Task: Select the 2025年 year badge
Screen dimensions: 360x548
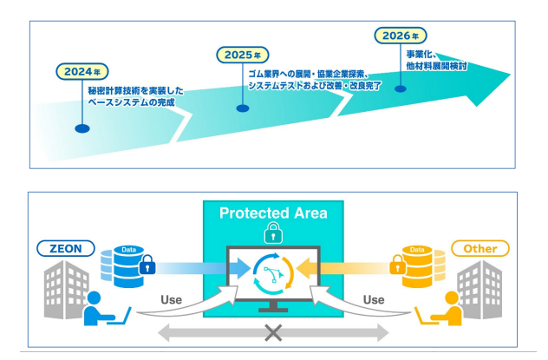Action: tap(241, 55)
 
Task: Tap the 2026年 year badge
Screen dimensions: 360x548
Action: tap(401, 36)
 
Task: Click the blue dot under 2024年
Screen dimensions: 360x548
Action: tap(82, 128)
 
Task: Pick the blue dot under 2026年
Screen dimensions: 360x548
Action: tap(401, 88)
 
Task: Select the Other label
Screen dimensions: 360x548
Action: tap(480, 249)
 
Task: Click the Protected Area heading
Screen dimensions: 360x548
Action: tap(274, 213)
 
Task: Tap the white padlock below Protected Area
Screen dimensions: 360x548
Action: tap(274, 233)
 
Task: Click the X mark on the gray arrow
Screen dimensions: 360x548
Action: tap(274, 333)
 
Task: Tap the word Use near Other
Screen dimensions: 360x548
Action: tap(374, 300)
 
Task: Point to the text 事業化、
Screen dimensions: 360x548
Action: tap(423, 54)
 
